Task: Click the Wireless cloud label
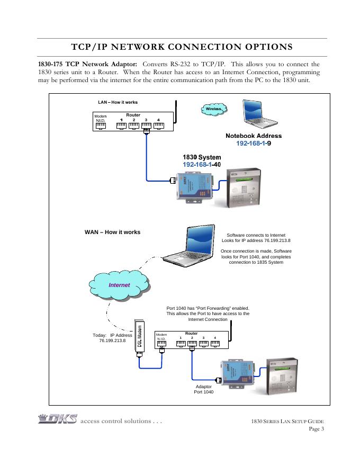click(214, 109)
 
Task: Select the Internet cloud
click(120, 285)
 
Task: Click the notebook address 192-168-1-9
click(254, 143)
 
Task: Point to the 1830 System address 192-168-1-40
click(202, 165)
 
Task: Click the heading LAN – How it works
click(118, 102)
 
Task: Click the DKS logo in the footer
click(58, 419)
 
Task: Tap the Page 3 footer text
click(316, 429)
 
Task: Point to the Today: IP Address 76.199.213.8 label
click(112, 338)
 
